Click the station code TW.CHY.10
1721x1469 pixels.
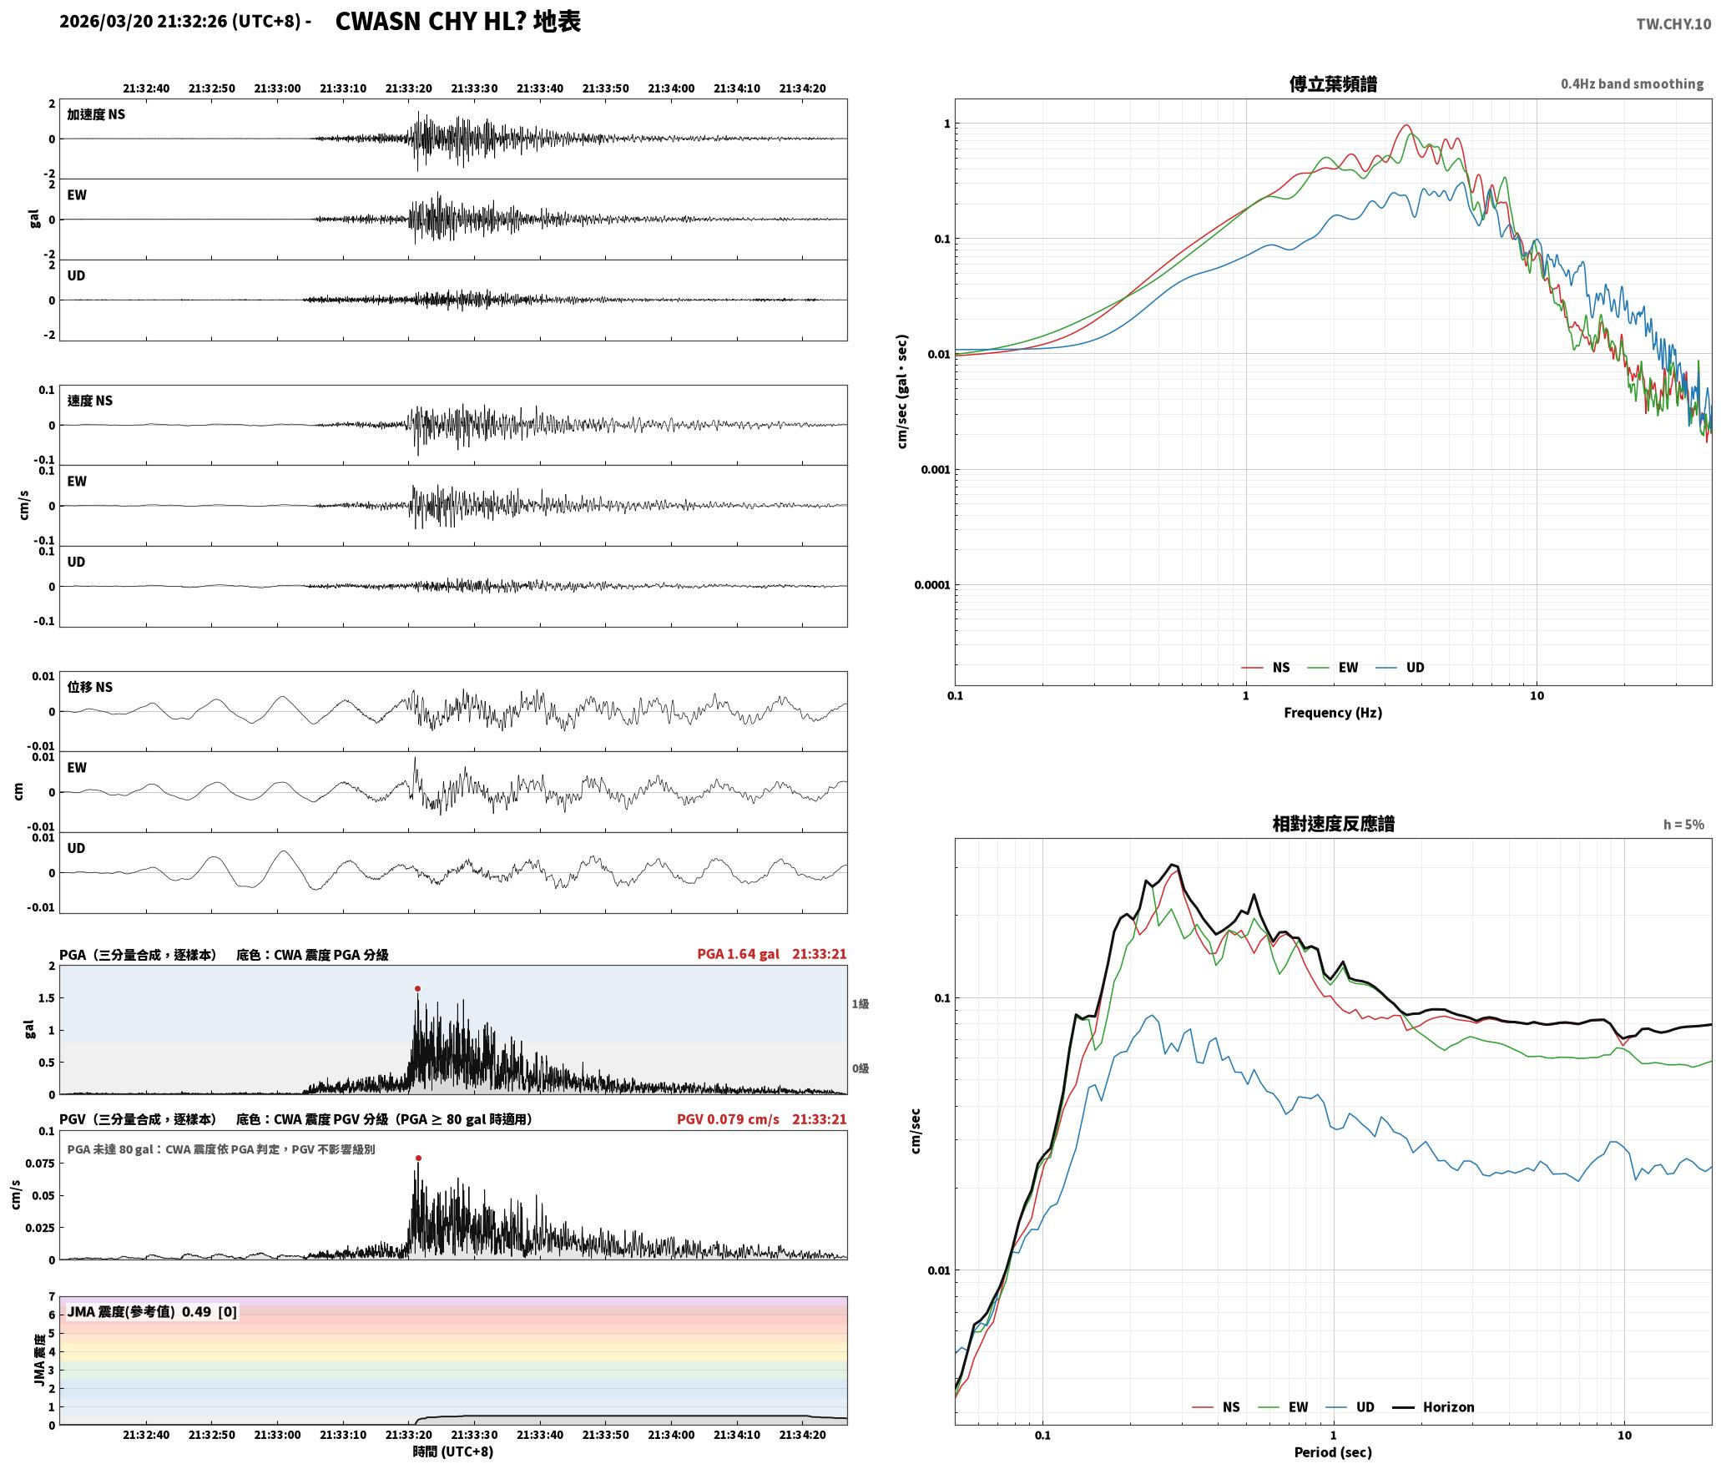coord(1673,23)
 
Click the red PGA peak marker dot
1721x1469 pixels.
coord(417,988)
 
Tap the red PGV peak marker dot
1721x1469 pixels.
coord(418,1158)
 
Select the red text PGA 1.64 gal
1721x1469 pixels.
coord(738,954)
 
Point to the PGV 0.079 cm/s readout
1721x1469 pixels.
coord(728,1119)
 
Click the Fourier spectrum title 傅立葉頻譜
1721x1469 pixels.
coord(1333,83)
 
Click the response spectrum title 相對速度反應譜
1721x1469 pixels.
coord(1333,824)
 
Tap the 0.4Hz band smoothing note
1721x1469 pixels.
coord(1632,84)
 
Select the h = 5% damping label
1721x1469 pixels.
coord(1683,825)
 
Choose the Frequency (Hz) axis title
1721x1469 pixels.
coord(1333,713)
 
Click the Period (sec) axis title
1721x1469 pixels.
coord(1333,1452)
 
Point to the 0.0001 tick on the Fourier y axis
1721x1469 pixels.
coord(931,585)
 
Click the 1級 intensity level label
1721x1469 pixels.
coord(860,1004)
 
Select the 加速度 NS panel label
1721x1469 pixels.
coord(96,114)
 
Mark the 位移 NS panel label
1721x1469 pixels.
coord(89,688)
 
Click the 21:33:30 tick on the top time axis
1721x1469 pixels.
coord(474,88)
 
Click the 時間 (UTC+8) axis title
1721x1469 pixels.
coord(453,1452)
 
